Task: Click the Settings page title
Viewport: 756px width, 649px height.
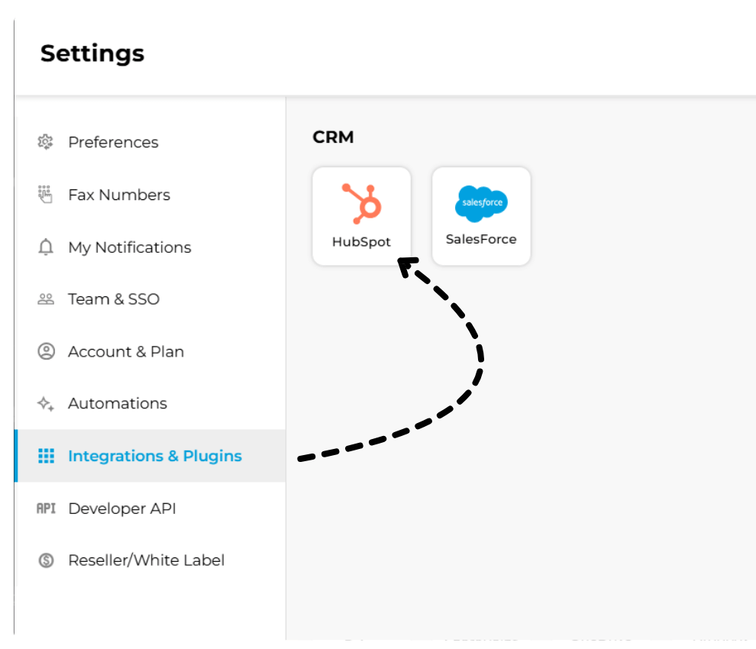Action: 92,53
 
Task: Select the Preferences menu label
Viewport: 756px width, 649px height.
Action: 113,142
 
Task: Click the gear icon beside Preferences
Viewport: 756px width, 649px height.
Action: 46,142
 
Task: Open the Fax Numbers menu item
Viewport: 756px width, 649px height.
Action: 119,195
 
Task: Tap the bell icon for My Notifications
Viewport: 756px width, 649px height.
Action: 46,247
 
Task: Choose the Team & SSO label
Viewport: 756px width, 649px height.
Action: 114,299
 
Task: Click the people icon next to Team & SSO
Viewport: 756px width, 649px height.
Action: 46,299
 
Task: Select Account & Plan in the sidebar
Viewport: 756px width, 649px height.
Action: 126,352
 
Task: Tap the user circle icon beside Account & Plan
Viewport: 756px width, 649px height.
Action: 46,352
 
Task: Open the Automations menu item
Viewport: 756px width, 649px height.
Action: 118,404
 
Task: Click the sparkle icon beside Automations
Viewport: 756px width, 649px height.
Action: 46,404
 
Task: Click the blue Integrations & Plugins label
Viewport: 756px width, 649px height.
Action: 155,456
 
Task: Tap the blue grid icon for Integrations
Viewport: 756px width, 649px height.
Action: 46,456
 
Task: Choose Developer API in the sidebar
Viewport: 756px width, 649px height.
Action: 122,509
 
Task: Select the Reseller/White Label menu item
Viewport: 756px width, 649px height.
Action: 147,560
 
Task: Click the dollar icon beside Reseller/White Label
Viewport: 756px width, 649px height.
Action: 46,560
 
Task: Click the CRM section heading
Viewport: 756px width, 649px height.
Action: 334,137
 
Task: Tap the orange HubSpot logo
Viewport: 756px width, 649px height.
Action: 361,203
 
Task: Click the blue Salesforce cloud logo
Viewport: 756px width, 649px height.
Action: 481,203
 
